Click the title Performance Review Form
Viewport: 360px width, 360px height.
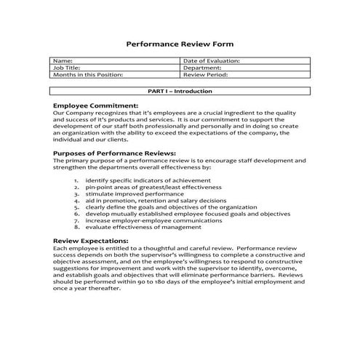click(180, 44)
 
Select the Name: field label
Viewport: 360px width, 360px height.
click(63, 61)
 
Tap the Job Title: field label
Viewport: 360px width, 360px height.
click(68, 68)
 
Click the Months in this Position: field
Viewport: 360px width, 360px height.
click(88, 74)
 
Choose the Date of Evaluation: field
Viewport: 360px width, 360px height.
click(212, 61)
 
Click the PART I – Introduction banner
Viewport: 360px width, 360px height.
click(180, 92)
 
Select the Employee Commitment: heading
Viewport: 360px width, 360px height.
click(95, 105)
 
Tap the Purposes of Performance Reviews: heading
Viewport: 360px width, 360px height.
click(115, 153)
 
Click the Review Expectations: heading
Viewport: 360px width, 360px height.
click(91, 240)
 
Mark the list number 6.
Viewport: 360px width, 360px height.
click(76, 213)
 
